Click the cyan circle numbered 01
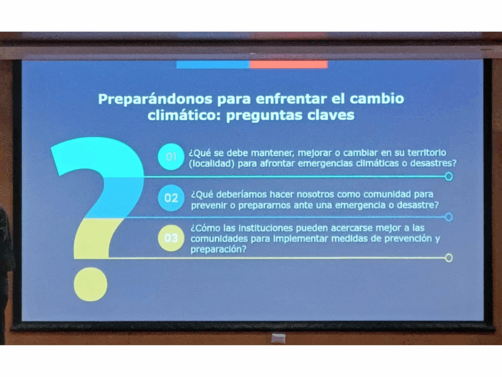[171, 157]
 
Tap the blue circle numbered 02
[171, 198]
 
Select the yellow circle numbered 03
[171, 238]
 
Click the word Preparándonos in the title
[155, 99]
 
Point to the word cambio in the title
[377, 98]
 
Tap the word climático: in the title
[184, 115]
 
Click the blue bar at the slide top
[213, 64]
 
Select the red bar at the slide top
[289, 64]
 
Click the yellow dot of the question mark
[91, 284]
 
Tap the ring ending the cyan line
[449, 176]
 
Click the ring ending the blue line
[449, 217]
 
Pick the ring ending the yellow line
[449, 258]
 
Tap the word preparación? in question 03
[218, 249]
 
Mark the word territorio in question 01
[427, 153]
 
